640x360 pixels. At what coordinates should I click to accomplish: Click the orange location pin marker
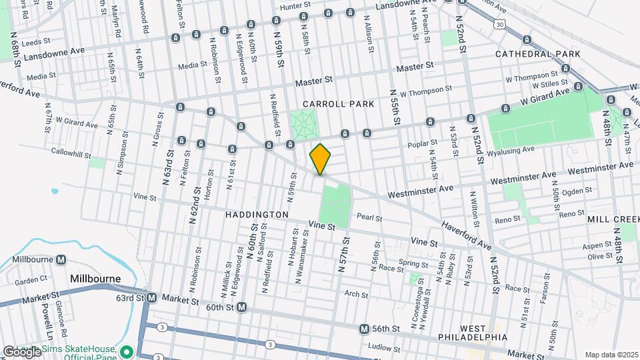(320, 159)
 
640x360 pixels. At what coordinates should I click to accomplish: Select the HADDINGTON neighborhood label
(257, 215)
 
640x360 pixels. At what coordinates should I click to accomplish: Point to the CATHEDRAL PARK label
(538, 53)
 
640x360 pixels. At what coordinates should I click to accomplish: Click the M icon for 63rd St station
(151, 297)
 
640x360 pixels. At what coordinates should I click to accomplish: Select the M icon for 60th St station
(242, 307)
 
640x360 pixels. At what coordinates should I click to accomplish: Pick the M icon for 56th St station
(364, 329)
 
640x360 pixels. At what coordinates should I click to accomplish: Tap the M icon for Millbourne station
(61, 259)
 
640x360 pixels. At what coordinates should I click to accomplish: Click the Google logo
(21, 351)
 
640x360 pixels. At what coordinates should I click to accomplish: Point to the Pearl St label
(368, 217)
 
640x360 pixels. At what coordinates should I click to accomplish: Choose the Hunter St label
(296, 7)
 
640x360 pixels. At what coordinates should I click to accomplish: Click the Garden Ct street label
(31, 280)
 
